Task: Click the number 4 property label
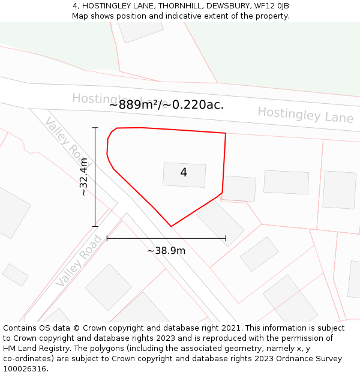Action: coord(184,173)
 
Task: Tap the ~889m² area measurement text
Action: coord(166,104)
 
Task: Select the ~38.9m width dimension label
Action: coord(166,250)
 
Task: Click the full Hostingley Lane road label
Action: coord(305,115)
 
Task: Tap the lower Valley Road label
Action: coord(79,261)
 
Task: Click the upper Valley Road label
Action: coord(61,135)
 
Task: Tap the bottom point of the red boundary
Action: coord(171,226)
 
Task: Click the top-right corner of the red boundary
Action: coord(226,133)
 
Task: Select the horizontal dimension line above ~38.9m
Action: coord(166,238)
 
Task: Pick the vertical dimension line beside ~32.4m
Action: coord(95,176)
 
